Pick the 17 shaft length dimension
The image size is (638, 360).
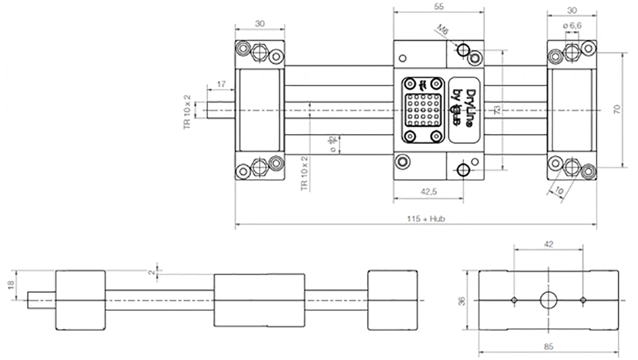tap(221, 84)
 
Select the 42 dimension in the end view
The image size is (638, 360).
tap(549, 244)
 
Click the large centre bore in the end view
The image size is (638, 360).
tap(548, 299)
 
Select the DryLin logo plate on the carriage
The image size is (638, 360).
tap(462, 110)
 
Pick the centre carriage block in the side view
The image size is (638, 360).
tap(259, 300)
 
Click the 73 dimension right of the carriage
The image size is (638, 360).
tap(497, 110)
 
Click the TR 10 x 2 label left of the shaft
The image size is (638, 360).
tap(188, 112)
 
